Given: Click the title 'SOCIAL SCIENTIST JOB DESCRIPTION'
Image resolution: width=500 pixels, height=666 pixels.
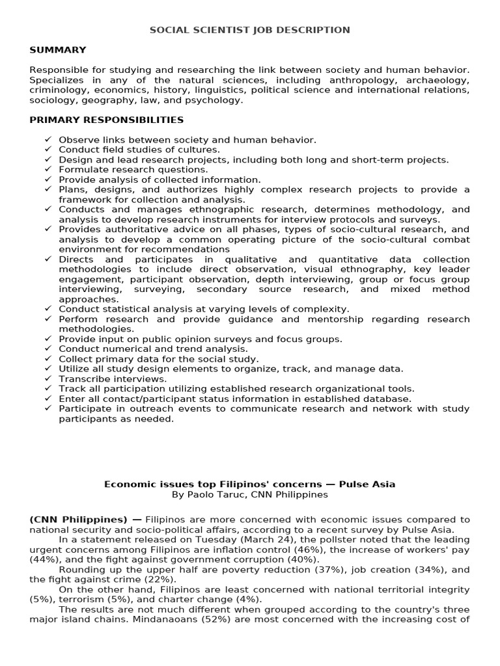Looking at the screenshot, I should (250, 30).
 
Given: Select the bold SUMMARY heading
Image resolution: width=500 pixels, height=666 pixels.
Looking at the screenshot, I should (57, 50).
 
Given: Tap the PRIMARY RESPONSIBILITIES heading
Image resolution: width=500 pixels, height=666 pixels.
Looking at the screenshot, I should (107, 120).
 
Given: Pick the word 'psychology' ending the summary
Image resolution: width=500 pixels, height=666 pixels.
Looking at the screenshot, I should (214, 100).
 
